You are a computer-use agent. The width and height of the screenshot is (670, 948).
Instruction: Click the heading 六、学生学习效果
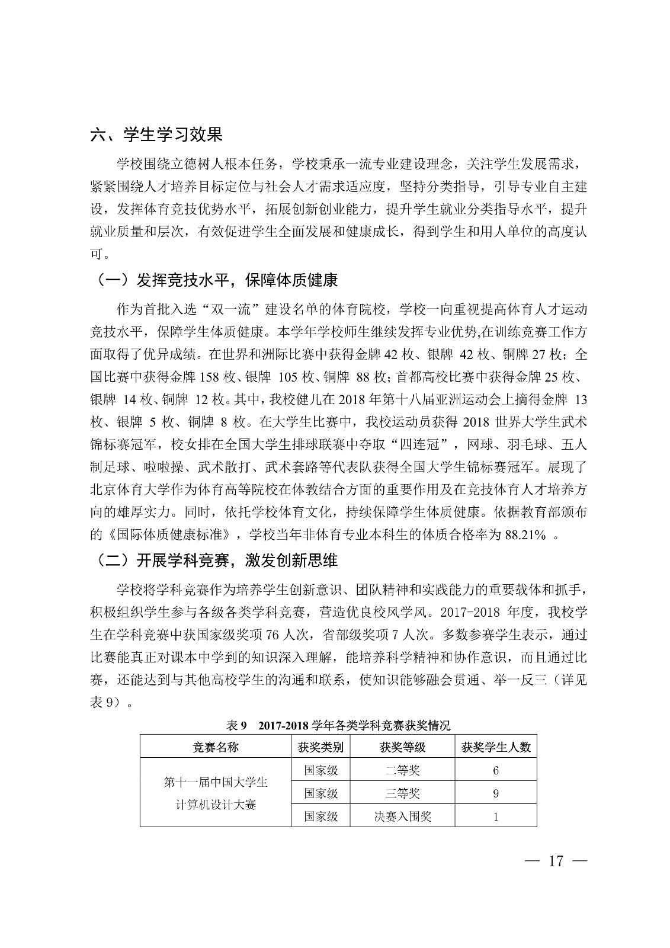click(156, 134)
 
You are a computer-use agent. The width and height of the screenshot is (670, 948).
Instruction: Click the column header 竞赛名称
click(216, 747)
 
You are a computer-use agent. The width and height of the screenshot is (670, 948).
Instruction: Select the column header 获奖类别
click(320, 747)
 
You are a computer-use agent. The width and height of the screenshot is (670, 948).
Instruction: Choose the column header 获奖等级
click(402, 747)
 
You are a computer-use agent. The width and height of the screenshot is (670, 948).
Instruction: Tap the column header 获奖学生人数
click(495, 747)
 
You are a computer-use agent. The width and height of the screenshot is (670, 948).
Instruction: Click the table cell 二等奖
click(402, 770)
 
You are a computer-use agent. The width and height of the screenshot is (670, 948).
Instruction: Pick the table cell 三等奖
click(402, 793)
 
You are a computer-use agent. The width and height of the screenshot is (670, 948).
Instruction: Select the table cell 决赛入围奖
click(402, 816)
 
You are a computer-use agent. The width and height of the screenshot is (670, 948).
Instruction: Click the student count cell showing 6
click(495, 770)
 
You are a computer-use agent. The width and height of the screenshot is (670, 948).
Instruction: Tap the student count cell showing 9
click(495, 793)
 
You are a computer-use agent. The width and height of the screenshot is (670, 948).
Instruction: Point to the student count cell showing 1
click(495, 816)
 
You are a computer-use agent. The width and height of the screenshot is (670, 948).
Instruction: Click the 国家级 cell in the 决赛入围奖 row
click(320, 816)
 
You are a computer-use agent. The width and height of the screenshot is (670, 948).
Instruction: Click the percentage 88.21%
click(525, 535)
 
